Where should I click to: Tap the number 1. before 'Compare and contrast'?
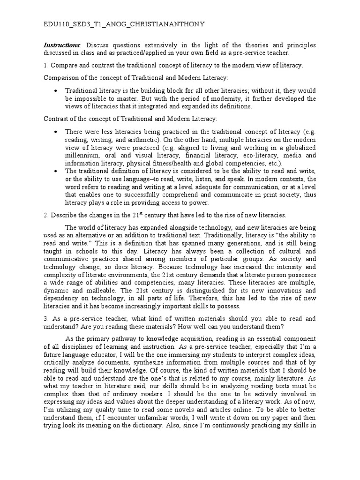tap(46, 65)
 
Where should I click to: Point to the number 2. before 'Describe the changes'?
tap(46, 215)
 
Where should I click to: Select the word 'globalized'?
tap(298, 148)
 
